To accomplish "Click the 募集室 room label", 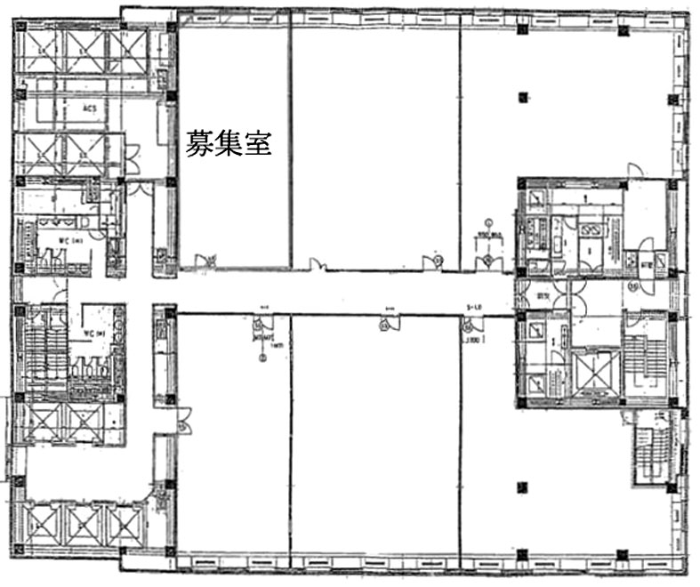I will (228, 142).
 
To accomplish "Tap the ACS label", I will (89, 109).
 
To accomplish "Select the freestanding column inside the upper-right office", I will (523, 95).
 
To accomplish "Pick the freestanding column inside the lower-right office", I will (523, 486).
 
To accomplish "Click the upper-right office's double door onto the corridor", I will (487, 260).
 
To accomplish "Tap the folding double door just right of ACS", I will (132, 158).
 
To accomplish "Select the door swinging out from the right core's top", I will (634, 171).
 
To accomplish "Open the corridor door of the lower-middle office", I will (385, 325).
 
